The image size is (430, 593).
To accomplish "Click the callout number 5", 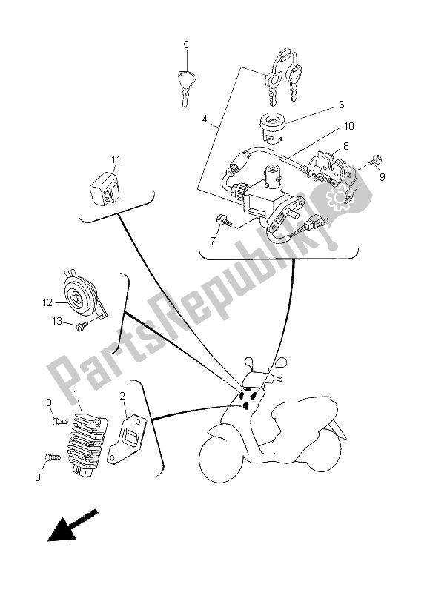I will pos(186,44).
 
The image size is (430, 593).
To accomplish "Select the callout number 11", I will pos(116,159).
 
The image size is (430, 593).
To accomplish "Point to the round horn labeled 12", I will pos(80,299).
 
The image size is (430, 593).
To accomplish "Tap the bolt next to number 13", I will pos(79,325).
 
